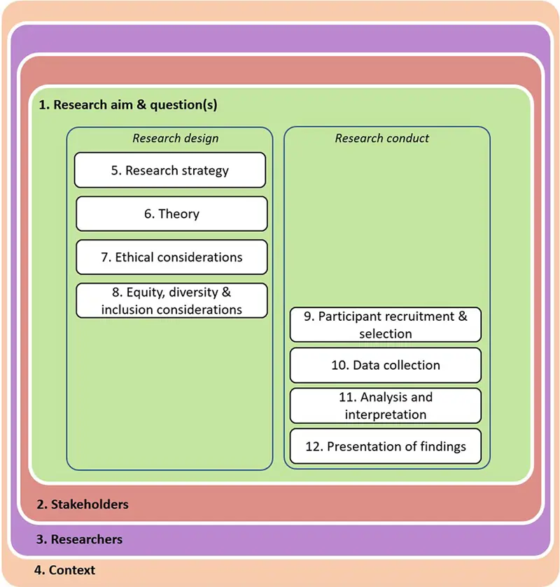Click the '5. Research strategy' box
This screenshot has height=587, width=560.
[x=170, y=170]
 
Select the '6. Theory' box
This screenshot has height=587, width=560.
[x=171, y=214]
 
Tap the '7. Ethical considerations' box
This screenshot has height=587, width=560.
[x=171, y=257]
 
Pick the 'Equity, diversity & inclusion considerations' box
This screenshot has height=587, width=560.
[x=171, y=301]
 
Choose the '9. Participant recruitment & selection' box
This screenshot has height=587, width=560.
[x=386, y=325]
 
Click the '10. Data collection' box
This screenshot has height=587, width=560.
[x=386, y=365]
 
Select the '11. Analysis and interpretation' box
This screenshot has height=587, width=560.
[x=386, y=406]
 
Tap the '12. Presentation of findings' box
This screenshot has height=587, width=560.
[x=386, y=446]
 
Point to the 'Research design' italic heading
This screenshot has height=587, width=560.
[x=176, y=138]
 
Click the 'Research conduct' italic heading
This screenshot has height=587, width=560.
[x=382, y=138]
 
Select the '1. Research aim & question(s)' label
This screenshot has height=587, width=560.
[x=128, y=105]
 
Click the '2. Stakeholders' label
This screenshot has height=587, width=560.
[x=83, y=504]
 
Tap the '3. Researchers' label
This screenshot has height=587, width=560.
[x=80, y=539]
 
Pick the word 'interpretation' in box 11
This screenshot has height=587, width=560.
[x=386, y=414]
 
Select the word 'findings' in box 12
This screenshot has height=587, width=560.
[x=440, y=446]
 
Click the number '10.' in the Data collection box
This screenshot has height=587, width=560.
[x=340, y=365]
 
